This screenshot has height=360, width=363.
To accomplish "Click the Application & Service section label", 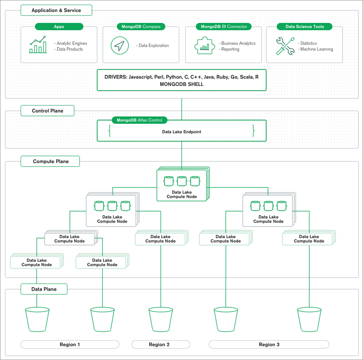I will [56, 10].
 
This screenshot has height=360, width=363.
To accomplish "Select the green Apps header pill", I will [59, 27].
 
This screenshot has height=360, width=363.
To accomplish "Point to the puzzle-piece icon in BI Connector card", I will [202, 46].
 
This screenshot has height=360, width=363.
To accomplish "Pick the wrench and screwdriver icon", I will [285, 46].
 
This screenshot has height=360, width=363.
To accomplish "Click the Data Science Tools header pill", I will [305, 27].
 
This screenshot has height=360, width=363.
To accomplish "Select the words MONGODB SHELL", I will [181, 84].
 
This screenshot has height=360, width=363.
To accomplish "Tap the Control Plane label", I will [47, 111].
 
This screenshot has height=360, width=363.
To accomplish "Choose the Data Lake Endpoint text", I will [181, 132].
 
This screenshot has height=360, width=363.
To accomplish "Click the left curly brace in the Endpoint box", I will [109, 131].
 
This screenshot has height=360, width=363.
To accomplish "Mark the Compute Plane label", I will [50, 161].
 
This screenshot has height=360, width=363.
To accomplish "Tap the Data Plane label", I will [44, 289].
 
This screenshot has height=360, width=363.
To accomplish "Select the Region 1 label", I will [70, 344].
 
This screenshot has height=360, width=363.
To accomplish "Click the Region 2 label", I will [159, 344].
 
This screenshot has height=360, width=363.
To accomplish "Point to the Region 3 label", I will [269, 344].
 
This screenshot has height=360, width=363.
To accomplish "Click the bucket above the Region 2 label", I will [161, 319].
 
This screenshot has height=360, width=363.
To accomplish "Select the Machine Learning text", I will [316, 49].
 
